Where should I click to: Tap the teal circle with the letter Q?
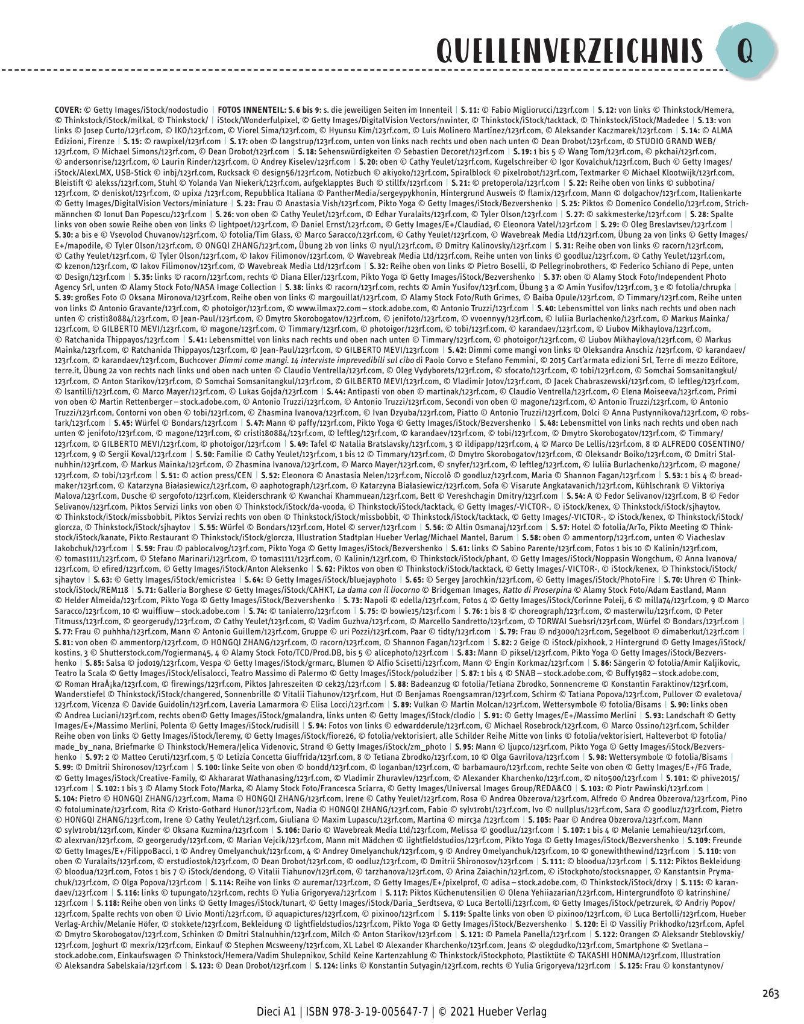pyautogui.click(x=746, y=52)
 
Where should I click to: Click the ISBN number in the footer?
pyautogui.click(x=374, y=1011)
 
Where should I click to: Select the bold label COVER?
pyautogui.click(x=68, y=110)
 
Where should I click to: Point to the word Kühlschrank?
pyautogui.click(x=648, y=485)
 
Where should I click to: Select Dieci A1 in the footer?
pyautogui.click(x=275, y=1011)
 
